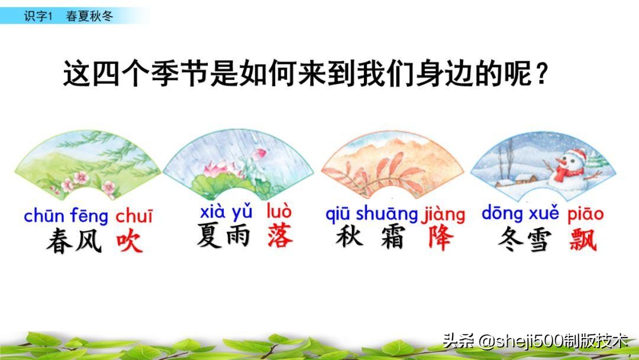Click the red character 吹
pyautogui.click(x=130, y=241)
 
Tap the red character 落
pyautogui.click(x=280, y=235)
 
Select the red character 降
pyautogui.click(x=440, y=238)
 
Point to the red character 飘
pyautogui.click(x=583, y=239)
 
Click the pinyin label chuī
pyautogui.click(x=134, y=216)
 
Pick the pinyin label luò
pyautogui.click(x=279, y=211)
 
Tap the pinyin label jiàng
pyautogui.click(x=443, y=214)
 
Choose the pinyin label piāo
pyautogui.click(x=585, y=214)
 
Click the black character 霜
pyautogui.click(x=392, y=238)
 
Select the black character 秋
pyautogui.click(x=349, y=237)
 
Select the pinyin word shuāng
pyautogui.click(x=387, y=214)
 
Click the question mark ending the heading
pyautogui.click(x=539, y=75)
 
